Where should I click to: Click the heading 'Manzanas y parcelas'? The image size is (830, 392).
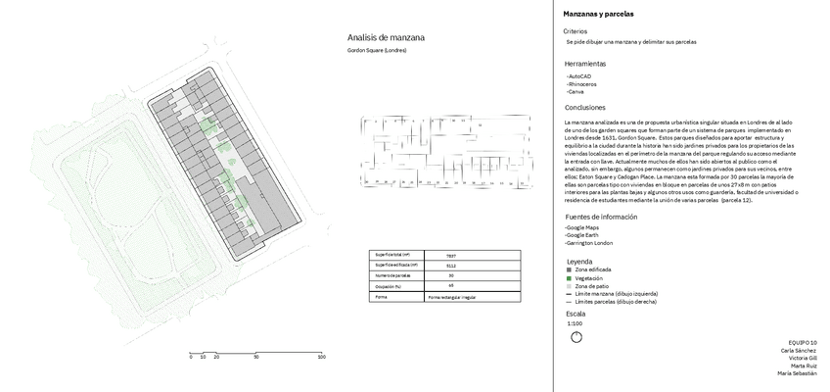[599, 15]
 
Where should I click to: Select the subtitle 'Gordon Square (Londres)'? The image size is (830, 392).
[377, 50]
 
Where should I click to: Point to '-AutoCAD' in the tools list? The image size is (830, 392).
[578, 74]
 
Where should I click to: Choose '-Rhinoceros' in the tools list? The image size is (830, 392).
[582, 82]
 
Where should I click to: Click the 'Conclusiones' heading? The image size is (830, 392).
[585, 107]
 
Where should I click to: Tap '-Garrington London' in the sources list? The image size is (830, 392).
[589, 243]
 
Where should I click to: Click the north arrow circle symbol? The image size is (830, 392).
[576, 336]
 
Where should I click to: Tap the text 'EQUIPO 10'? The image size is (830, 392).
[801, 341]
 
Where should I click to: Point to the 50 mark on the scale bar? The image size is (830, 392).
[256, 358]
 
